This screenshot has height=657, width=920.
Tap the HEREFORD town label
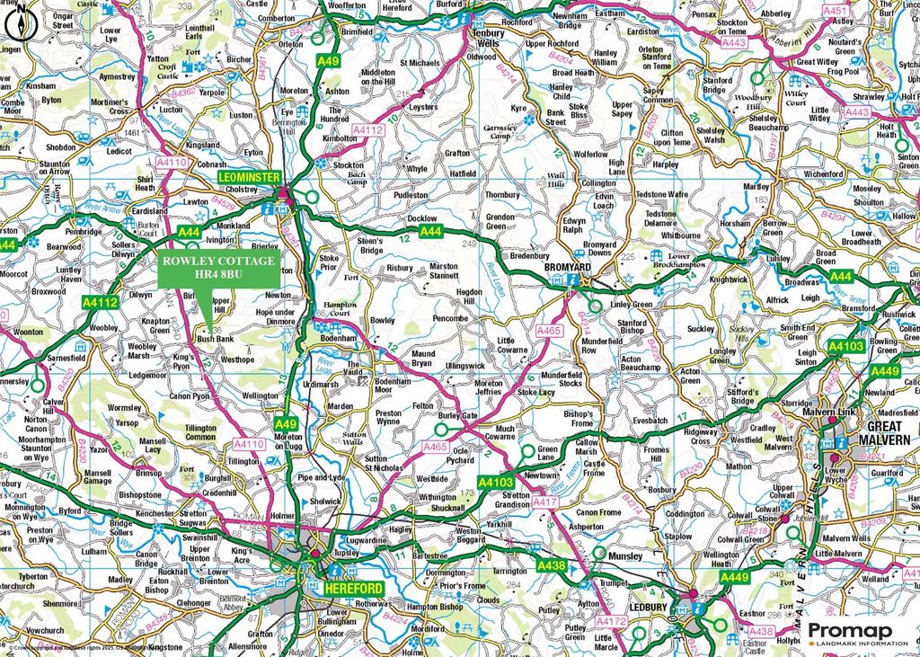(351, 587)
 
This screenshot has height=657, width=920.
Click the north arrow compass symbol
(21, 25)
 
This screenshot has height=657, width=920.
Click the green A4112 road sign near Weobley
(101, 303)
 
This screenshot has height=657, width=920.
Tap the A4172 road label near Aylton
(611, 621)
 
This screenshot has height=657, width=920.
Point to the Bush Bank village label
(216, 340)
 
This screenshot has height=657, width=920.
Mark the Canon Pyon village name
(189, 395)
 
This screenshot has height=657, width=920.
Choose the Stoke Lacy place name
(536, 392)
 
